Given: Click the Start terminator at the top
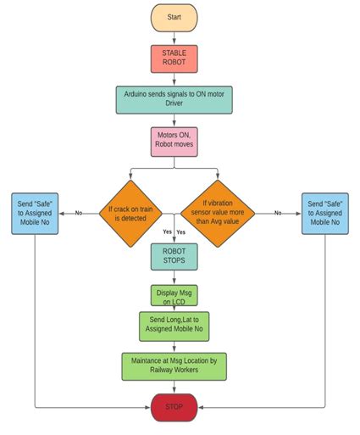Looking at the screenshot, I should (x=174, y=18).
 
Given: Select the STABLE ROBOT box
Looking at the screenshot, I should (x=174, y=59).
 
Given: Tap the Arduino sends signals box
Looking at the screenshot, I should (x=174, y=100).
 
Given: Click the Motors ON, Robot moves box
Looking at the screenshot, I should (x=174, y=141).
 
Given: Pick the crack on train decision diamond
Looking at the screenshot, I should (x=131, y=213).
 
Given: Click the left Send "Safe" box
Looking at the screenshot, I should (x=35, y=214).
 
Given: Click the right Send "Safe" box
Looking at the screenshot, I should (x=324, y=214).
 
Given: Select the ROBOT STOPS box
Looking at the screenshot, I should (x=174, y=257).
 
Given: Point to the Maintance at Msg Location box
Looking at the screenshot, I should (x=174, y=365).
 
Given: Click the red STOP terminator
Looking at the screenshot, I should (x=174, y=406).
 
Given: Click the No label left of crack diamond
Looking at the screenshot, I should (x=78, y=213).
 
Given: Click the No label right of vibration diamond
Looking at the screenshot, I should (x=277, y=213).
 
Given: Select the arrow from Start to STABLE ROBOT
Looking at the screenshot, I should (x=174, y=38).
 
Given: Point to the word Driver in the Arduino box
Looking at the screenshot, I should (x=174, y=106).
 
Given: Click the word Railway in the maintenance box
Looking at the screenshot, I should (x=158, y=371).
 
